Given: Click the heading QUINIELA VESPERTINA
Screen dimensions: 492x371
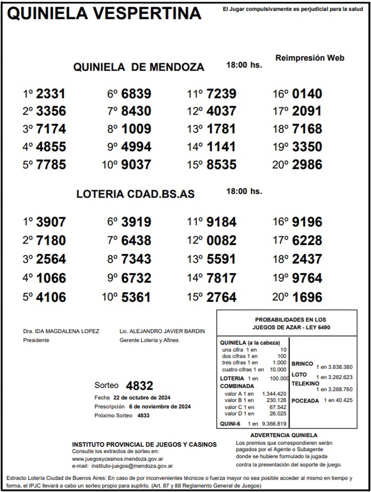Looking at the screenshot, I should tap(104, 13).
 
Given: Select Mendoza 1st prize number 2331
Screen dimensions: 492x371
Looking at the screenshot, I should tap(51, 94).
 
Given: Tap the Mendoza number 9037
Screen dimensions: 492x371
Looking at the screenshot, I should tap(136, 165).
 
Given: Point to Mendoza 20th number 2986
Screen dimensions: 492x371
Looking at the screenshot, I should tap(307, 165).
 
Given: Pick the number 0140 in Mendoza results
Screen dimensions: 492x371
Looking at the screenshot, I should tap(307, 94).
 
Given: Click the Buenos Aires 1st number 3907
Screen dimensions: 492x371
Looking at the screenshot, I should tap(51, 222).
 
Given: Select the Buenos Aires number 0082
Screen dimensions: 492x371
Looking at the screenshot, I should tap(221, 240).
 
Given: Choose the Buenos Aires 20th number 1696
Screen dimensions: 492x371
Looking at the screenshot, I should tap(307, 297).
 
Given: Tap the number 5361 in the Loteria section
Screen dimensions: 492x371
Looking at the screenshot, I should tap(136, 297).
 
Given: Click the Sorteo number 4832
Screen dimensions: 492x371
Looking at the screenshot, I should tap(139, 386).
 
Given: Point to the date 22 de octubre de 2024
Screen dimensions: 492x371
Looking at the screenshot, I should tap(142, 397).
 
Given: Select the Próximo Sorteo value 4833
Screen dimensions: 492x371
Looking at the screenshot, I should tap(143, 416).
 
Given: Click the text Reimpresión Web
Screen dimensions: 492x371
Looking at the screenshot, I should tap(310, 58).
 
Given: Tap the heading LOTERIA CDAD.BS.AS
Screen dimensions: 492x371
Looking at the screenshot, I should tap(135, 194).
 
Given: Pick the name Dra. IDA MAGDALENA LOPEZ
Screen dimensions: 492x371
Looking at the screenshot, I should tap(61, 331).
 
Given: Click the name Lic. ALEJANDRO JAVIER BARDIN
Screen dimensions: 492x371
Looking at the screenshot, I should tap(162, 331).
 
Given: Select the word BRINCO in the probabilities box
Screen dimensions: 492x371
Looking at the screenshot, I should tap(302, 364).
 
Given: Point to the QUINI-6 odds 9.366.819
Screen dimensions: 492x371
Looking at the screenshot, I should tap(274, 424).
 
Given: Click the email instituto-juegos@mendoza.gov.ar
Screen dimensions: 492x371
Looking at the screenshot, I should tap(132, 466).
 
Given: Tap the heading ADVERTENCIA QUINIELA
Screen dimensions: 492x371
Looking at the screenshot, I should tap(284, 435).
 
